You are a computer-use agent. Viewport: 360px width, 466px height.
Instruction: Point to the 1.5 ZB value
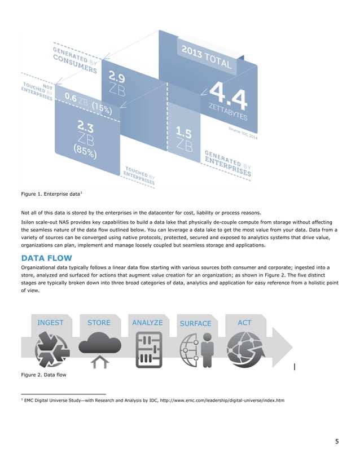[x=184, y=138]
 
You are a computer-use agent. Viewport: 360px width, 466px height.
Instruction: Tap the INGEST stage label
[x=50, y=323]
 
